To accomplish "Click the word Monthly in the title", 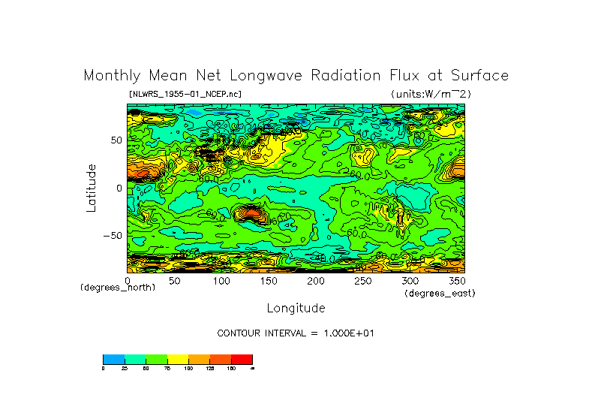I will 110,76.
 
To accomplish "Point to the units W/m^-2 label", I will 431,94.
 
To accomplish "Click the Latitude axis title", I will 91,188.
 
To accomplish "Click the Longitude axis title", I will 296,308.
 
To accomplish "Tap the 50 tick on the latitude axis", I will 116,140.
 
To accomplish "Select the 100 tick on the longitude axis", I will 221,281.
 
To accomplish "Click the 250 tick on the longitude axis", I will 362,281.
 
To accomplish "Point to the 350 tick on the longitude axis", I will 455,281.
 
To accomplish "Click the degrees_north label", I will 118,288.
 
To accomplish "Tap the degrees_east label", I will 440,293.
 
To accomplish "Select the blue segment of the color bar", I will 112,359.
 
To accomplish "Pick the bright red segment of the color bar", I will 242,359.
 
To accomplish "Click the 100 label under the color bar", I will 188,368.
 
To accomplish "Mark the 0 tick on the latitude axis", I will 119,188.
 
